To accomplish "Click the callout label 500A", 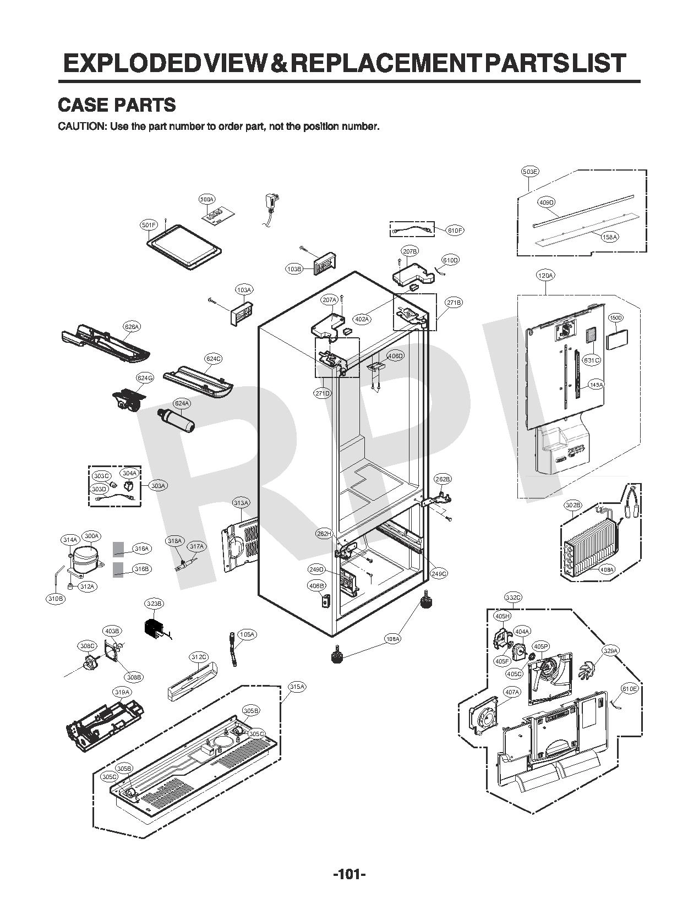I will [x=207, y=199].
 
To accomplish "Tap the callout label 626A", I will [x=132, y=327].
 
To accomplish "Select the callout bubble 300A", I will [x=91, y=536].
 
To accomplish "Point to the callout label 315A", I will [x=297, y=687].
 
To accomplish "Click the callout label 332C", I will [x=513, y=597].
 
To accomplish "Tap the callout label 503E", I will [x=530, y=172].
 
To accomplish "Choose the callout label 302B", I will [x=573, y=505].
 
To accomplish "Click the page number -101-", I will [x=349, y=874].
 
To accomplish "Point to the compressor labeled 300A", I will [x=84, y=558].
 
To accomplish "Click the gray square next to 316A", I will [x=118, y=549].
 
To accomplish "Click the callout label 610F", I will [x=455, y=231].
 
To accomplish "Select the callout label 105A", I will [x=247, y=634].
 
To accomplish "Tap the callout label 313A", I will [x=241, y=503].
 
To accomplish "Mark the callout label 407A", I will [x=512, y=692].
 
